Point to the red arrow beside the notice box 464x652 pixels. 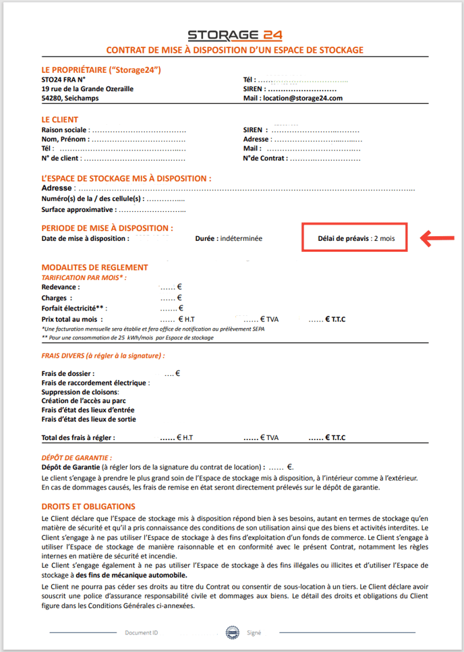click(x=438, y=238)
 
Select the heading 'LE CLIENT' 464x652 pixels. click(x=60, y=119)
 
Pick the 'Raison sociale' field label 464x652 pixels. click(x=64, y=130)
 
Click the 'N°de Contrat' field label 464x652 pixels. click(x=265, y=158)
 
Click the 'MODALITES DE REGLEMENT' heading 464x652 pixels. click(x=94, y=267)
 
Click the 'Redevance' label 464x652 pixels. click(x=60, y=287)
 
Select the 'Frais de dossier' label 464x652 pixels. click(x=68, y=373)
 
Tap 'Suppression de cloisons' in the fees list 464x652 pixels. click(x=80, y=391)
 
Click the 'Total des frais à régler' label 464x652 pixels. click(x=78, y=437)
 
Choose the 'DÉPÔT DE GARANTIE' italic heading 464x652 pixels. click(x=76, y=457)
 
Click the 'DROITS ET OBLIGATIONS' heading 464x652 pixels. click(x=88, y=506)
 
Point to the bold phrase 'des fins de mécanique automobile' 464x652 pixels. click(x=132, y=575)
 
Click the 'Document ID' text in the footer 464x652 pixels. click(x=142, y=632)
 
